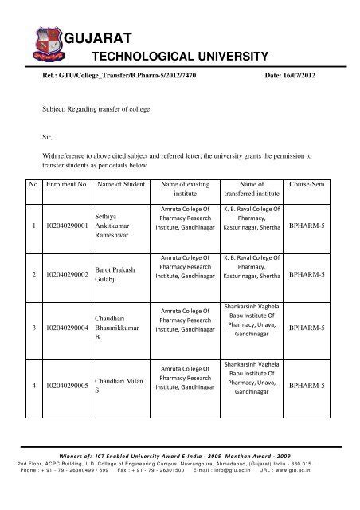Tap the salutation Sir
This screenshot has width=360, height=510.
click(47, 137)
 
